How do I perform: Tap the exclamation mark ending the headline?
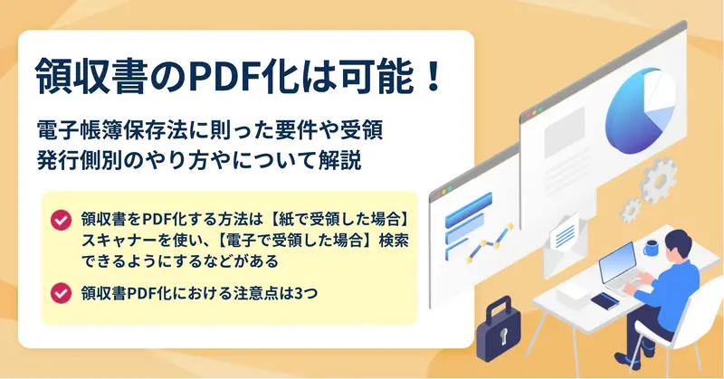pyautogui.click(x=433, y=77)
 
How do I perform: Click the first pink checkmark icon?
pyautogui.click(x=61, y=220)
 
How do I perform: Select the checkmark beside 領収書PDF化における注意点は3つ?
pyautogui.click(x=61, y=293)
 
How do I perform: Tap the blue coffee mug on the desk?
pyautogui.click(x=651, y=248)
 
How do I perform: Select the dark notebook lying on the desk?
pyautogui.click(x=605, y=301)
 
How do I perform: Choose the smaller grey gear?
pyautogui.click(x=630, y=211)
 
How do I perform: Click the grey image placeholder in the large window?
pyautogui.click(x=564, y=131)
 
